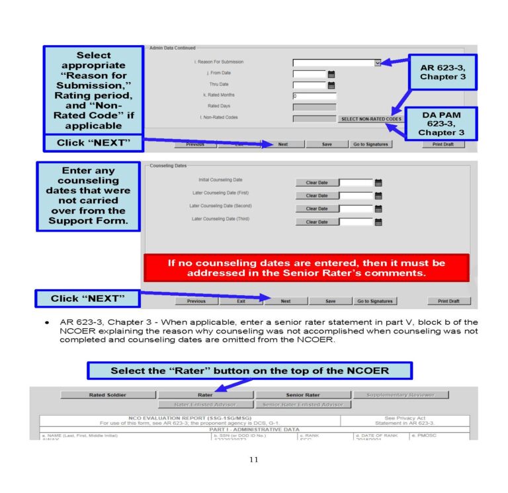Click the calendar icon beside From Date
point(331,74)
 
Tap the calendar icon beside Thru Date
point(331,85)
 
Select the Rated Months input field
point(314,96)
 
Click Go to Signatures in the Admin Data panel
point(370,144)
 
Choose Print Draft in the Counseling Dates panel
point(448,301)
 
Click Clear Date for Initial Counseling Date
point(316,183)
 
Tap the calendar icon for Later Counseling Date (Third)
point(378,222)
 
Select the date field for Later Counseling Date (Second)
point(356,209)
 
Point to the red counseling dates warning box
point(306,267)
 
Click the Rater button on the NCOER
point(205,395)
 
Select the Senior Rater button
point(303,395)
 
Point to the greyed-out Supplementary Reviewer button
point(402,395)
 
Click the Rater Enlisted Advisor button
point(205,404)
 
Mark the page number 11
point(254,461)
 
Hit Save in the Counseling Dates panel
point(331,301)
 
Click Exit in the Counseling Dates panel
point(241,301)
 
